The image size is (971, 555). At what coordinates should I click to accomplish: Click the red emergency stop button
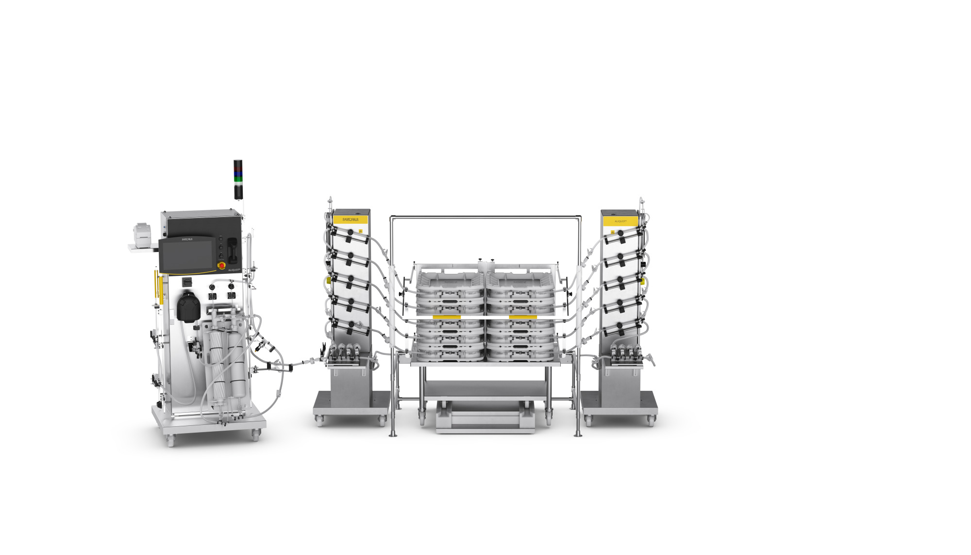tap(221, 266)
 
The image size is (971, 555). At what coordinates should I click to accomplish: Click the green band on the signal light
tap(238, 179)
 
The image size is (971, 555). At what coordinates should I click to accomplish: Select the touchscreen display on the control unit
tap(187, 256)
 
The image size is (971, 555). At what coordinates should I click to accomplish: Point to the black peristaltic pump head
tap(187, 306)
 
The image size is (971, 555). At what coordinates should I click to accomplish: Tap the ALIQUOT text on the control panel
tap(234, 269)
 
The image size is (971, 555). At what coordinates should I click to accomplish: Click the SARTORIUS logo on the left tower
tap(351, 219)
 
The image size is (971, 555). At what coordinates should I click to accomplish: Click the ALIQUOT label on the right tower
tap(620, 221)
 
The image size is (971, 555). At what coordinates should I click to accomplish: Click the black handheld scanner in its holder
tap(233, 248)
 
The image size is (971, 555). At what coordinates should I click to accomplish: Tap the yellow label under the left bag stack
tap(446, 317)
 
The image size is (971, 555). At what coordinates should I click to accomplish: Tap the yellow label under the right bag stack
tap(522, 317)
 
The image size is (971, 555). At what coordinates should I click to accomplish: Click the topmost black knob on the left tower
tap(350, 233)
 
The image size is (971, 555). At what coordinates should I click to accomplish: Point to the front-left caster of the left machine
tap(170, 441)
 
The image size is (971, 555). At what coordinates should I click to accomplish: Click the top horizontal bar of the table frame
tap(485, 216)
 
